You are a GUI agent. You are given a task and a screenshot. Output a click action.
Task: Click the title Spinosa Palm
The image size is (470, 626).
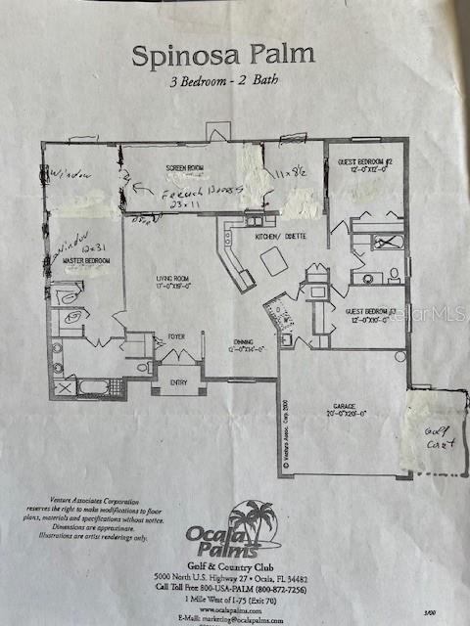(224, 54)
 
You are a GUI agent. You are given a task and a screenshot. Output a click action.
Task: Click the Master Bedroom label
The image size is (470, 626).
(88, 261)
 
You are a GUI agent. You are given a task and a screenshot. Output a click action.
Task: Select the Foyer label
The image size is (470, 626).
(176, 336)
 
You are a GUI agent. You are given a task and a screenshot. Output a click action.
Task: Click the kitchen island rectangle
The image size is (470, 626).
(274, 261)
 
